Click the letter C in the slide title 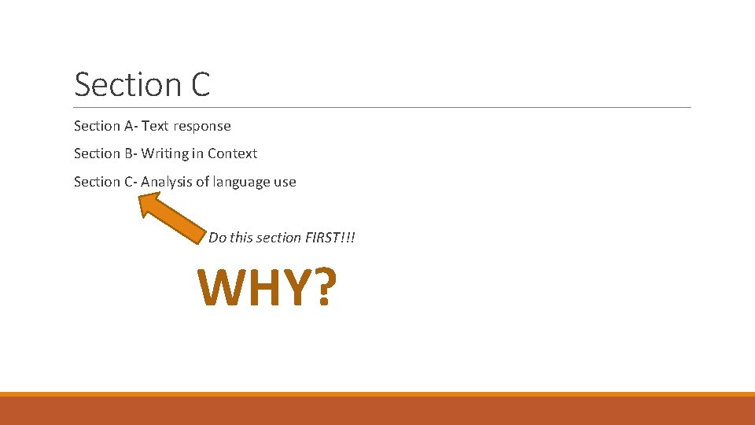click(200, 84)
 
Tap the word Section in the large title click(127, 84)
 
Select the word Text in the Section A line click(156, 126)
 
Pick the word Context click(232, 153)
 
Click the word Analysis click(167, 182)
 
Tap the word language click(239, 182)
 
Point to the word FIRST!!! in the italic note click(330, 237)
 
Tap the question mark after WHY click(319, 288)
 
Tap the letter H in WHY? click(260, 288)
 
